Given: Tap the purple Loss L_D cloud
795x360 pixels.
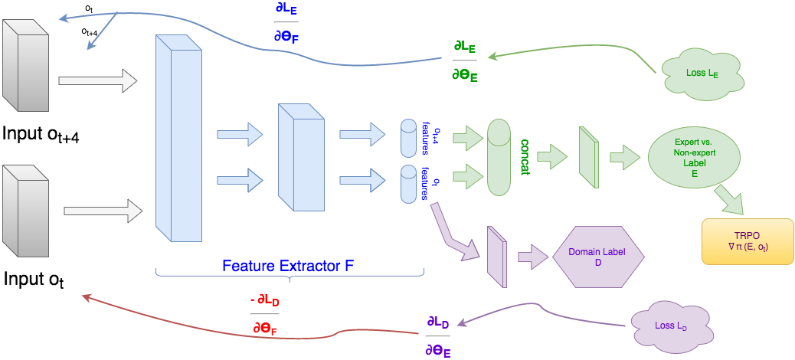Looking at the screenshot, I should pyautogui.click(x=666, y=325).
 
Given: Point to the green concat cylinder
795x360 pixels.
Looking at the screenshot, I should pyautogui.click(x=498, y=156).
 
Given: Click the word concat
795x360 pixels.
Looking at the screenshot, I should pyautogui.click(x=526, y=157).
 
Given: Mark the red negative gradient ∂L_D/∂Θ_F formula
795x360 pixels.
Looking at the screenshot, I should pyautogui.click(x=264, y=313).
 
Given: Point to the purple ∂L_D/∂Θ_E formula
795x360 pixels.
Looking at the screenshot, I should pyautogui.click(x=439, y=335).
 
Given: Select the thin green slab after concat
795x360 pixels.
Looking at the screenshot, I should pyautogui.click(x=588, y=156).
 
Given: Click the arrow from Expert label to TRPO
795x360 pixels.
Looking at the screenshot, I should pyautogui.click(x=731, y=201).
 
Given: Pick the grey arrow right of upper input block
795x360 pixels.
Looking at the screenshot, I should pyautogui.click(x=97, y=79).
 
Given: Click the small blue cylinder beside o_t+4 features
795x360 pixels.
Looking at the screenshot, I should pyautogui.click(x=407, y=136).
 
